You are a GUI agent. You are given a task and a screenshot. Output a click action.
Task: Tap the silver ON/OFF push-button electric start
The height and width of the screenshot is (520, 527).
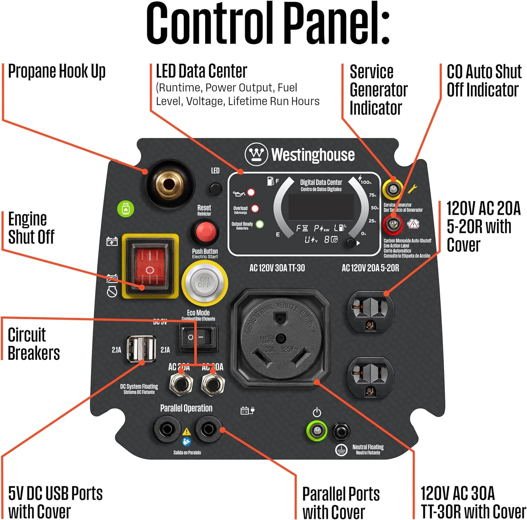point(204,282)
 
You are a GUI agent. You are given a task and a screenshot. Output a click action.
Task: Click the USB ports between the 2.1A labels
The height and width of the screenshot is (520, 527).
point(141,349)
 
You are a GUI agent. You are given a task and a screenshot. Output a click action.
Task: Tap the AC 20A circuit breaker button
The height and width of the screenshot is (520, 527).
point(180,384)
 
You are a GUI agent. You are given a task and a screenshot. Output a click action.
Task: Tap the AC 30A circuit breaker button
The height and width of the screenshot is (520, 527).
point(213,384)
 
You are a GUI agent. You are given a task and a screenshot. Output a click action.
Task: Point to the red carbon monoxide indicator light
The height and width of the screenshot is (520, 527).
point(393,224)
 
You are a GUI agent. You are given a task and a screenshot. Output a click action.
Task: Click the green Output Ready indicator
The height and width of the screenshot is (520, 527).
point(260,224)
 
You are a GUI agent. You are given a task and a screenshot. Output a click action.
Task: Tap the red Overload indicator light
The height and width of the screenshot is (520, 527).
point(255,209)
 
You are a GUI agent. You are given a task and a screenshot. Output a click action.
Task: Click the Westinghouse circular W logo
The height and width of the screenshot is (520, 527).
point(256,154)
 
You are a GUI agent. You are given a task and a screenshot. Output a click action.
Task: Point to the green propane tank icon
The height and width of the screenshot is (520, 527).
point(125,209)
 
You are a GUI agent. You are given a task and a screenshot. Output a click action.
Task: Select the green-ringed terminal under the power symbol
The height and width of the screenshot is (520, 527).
point(317,430)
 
